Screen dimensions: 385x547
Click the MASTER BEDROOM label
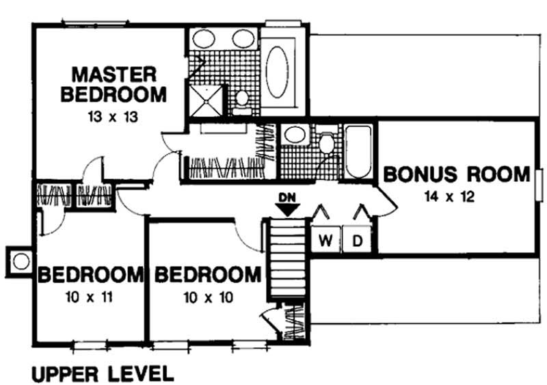point(113,83)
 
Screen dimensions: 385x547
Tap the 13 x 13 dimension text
point(114,116)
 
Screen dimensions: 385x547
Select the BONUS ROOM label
point(457,174)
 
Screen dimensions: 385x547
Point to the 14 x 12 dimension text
point(449,198)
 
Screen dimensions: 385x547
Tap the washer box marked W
point(326,240)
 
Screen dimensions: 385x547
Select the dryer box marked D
point(356,240)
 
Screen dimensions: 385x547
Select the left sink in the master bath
point(203,39)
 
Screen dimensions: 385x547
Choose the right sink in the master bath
point(243,39)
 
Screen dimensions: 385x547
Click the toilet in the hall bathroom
point(326,143)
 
